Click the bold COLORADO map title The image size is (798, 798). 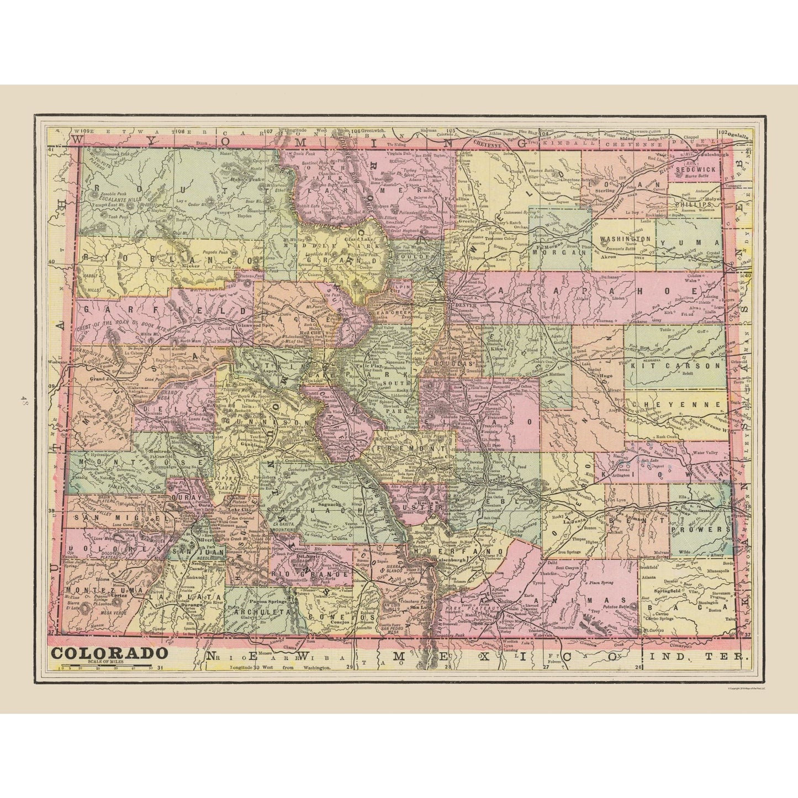(x=110, y=653)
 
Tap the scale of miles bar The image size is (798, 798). (x=101, y=666)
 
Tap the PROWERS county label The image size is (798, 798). (x=701, y=529)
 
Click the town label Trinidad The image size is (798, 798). (x=508, y=616)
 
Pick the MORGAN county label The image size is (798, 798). (x=562, y=251)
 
